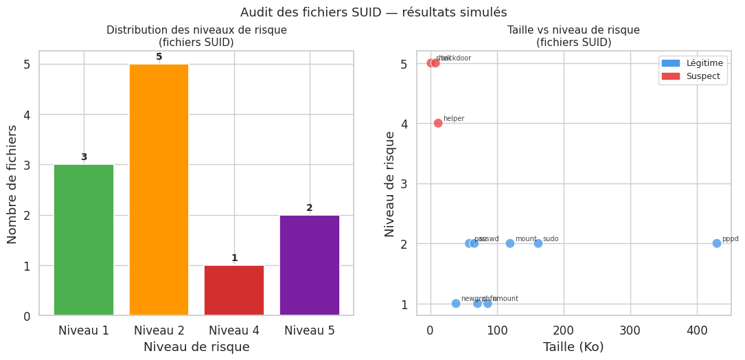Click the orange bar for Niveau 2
[x=159, y=190]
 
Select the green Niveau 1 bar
[x=84, y=240]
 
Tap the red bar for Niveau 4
[x=234, y=290]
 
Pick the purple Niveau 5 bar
[x=309, y=265]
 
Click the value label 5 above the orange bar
[x=159, y=57]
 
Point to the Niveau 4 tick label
[x=234, y=330]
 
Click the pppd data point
[x=716, y=243]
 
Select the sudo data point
[x=538, y=243]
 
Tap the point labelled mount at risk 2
[x=509, y=243]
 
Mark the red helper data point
[x=438, y=123]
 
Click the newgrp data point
[x=456, y=303]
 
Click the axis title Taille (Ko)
[x=573, y=347]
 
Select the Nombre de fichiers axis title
[x=13, y=183]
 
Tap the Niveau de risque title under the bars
[x=196, y=347]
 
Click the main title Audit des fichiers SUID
[x=374, y=12]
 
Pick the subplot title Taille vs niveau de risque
[x=573, y=30]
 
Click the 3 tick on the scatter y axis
[x=405, y=183]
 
